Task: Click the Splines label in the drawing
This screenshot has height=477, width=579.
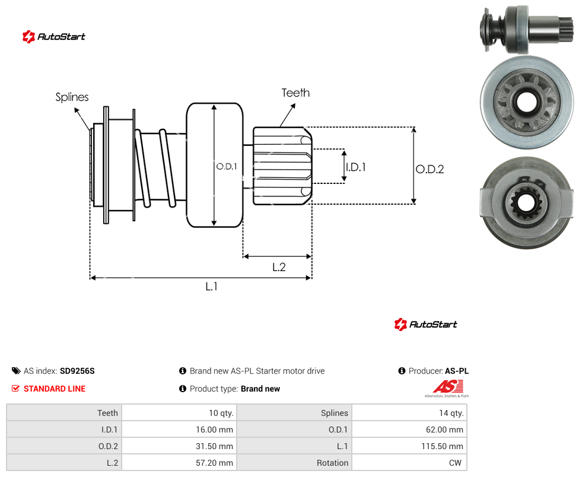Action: click(72, 97)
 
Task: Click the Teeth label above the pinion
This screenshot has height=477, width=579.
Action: click(295, 93)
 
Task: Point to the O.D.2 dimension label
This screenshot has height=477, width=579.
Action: click(430, 169)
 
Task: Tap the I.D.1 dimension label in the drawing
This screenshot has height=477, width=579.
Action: click(355, 167)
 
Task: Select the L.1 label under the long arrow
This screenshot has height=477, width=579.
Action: click(212, 286)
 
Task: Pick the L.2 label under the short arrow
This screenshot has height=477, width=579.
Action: click(279, 267)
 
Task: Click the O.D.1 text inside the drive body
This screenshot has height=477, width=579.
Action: click(227, 167)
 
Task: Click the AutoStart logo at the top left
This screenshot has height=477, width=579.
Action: click(54, 37)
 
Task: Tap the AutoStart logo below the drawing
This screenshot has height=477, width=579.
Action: click(425, 325)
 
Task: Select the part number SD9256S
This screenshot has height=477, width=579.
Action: click(77, 371)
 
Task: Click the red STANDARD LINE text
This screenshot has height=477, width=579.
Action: click(55, 389)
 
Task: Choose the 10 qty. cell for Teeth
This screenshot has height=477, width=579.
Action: click(221, 413)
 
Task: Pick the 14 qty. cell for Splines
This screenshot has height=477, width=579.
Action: click(451, 413)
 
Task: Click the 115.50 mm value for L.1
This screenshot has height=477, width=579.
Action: click(442, 446)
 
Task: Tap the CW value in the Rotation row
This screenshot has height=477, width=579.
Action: click(455, 463)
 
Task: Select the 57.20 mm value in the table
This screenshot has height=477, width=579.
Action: click(215, 463)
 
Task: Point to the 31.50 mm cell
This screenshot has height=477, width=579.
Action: click(215, 446)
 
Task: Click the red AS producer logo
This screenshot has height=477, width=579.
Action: click(447, 389)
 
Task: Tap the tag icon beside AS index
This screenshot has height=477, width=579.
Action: click(16, 371)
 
